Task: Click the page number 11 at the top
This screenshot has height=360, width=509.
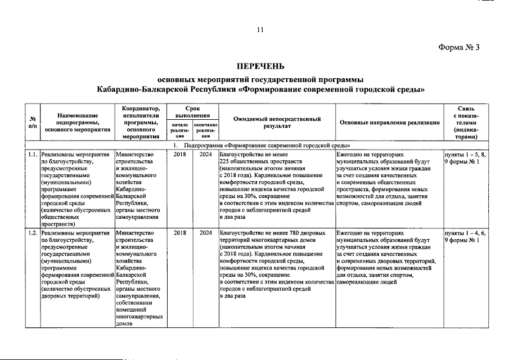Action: click(x=260, y=30)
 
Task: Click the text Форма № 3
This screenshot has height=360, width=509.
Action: click(x=458, y=47)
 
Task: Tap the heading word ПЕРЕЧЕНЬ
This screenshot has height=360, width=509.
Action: click(x=260, y=66)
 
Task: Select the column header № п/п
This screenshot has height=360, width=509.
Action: click(x=33, y=121)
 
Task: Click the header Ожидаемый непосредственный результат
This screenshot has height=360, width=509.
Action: click(x=277, y=122)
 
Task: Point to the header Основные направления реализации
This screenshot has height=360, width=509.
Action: click(x=389, y=122)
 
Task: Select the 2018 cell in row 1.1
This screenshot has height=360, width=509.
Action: click(x=179, y=153)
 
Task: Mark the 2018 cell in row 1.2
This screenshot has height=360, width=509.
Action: click(x=179, y=232)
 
